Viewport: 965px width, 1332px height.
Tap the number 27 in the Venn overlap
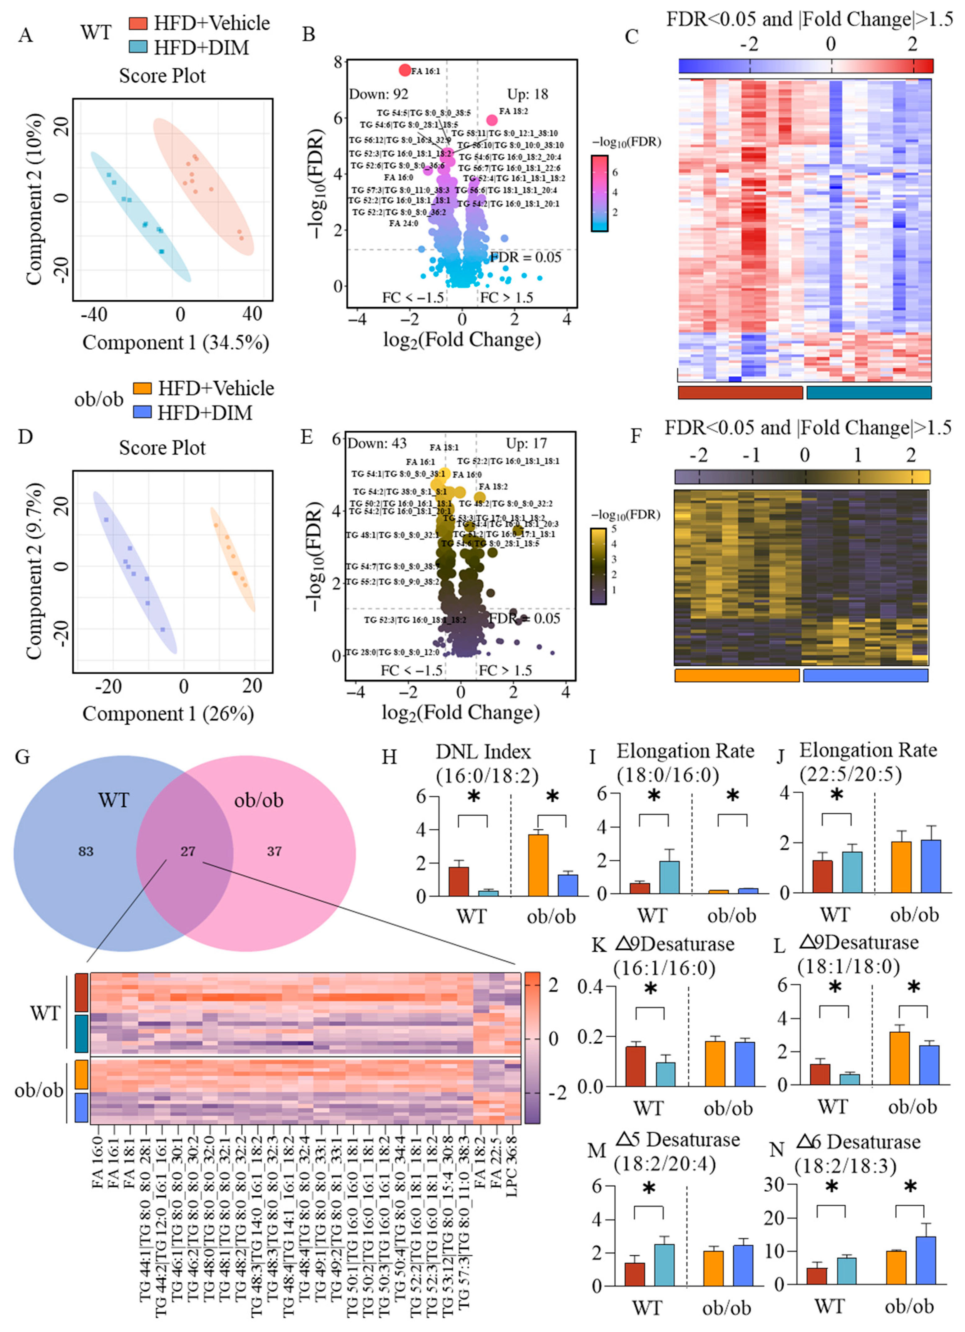tap(188, 851)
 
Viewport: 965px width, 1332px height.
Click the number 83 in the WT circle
tap(86, 851)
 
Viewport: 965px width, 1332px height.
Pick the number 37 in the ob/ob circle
tap(274, 851)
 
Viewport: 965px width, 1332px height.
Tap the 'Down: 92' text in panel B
tap(379, 94)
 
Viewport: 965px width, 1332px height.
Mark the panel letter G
tap(22, 756)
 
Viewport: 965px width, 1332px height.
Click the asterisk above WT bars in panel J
tap(836, 795)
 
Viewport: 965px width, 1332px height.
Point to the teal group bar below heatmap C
tap(869, 392)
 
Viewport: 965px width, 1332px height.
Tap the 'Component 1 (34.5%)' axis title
tap(175, 342)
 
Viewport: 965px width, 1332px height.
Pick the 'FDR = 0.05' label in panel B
tap(526, 257)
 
